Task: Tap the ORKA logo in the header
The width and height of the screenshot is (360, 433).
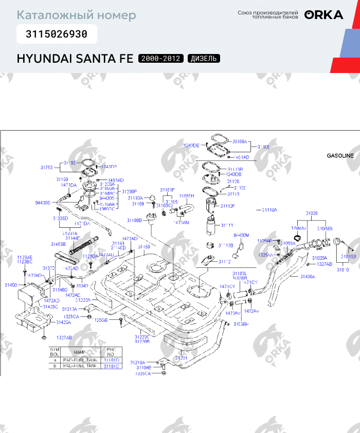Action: tap(323, 15)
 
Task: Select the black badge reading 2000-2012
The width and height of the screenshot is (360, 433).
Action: tap(160, 58)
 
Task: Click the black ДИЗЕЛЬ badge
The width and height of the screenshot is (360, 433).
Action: tap(204, 58)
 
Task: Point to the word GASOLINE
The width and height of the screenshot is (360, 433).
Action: tap(340, 155)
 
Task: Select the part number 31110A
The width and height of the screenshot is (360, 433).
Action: tap(269, 210)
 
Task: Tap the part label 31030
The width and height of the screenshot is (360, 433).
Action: tap(312, 212)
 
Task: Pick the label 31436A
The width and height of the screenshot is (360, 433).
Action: tap(308, 277)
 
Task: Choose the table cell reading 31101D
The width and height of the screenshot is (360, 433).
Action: tap(111, 360)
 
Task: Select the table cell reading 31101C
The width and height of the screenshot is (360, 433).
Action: tap(111, 366)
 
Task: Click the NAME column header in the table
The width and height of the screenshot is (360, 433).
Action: tap(80, 352)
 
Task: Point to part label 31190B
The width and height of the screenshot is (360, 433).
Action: tap(134, 221)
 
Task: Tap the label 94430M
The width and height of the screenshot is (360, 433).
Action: tap(241, 235)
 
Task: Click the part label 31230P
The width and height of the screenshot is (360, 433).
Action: tap(129, 191)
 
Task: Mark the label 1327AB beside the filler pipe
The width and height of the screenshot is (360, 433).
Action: tap(324, 264)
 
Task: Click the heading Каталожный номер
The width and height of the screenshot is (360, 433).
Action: tap(77, 15)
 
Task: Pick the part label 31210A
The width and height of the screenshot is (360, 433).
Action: tap(137, 362)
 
